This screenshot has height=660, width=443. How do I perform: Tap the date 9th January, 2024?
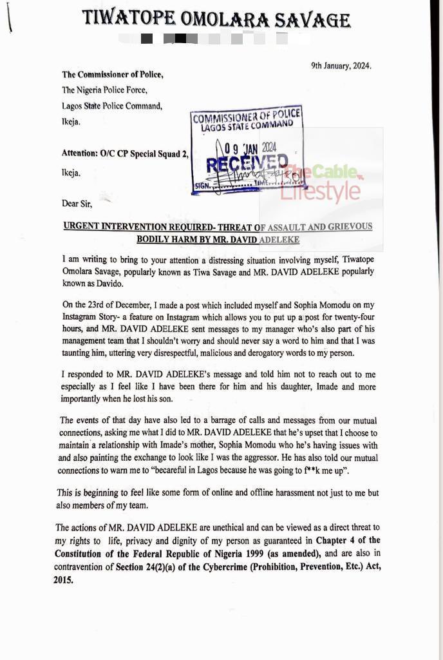(x=341, y=66)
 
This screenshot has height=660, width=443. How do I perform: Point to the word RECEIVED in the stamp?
(x=247, y=164)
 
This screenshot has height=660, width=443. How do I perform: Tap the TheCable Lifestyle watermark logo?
(x=322, y=184)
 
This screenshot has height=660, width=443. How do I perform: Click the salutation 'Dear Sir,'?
(x=77, y=204)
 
